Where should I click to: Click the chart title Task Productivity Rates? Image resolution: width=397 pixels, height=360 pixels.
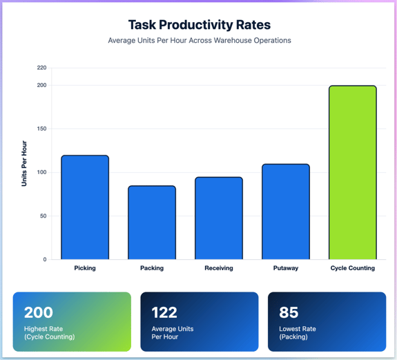[x=199, y=25]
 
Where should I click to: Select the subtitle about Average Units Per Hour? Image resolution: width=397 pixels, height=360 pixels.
[x=199, y=41]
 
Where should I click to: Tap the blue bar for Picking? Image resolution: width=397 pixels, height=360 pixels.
[x=85, y=207]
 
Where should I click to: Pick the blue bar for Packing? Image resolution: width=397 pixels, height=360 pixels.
[x=152, y=222]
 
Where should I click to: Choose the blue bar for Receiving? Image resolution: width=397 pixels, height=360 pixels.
[x=219, y=218]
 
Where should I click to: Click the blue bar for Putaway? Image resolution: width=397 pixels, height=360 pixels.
[x=286, y=211]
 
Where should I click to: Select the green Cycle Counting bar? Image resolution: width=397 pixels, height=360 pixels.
[x=352, y=173]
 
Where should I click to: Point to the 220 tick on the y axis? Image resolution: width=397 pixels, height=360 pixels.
[x=41, y=68]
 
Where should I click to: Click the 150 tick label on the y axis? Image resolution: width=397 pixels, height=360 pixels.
[x=41, y=129]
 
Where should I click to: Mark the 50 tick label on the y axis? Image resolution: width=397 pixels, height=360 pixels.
[x=43, y=216]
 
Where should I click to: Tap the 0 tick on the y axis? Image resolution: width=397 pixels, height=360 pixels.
[x=45, y=260]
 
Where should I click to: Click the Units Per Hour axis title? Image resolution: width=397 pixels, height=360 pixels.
[x=24, y=164]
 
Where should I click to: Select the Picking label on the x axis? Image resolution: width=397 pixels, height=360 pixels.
[x=85, y=268]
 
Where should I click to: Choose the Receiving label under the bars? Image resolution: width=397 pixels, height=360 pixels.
[x=219, y=268]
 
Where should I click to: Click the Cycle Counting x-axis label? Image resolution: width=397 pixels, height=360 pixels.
[x=352, y=268]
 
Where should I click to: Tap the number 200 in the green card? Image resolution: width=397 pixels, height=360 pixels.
[x=39, y=312]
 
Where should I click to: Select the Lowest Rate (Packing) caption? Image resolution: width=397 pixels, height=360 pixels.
[x=299, y=333]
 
